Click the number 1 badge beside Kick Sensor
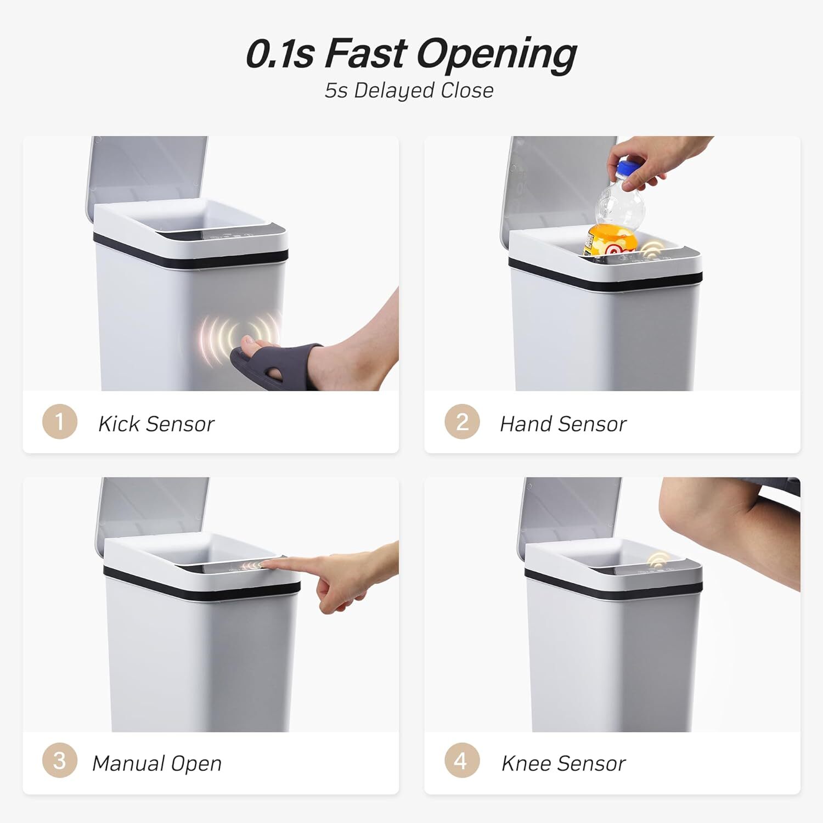click(60, 421)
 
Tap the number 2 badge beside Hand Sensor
click(462, 421)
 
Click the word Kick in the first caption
click(119, 424)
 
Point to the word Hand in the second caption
click(526, 424)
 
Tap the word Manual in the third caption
click(127, 763)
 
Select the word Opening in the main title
click(497, 55)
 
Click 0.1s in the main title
click(280, 54)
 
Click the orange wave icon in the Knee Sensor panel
click(658, 560)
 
